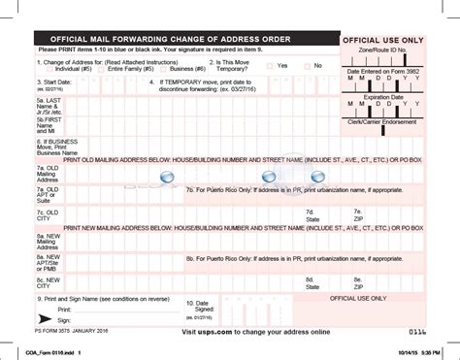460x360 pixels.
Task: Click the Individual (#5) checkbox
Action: click(50, 70)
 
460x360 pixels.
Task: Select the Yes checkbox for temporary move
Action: click(271, 65)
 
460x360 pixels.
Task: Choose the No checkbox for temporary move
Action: click(309, 65)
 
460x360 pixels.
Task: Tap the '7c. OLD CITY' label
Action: click(48, 215)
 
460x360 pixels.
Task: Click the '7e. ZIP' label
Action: click(358, 215)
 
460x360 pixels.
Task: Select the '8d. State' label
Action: click(312, 282)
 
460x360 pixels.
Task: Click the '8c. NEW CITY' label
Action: click(49, 282)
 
